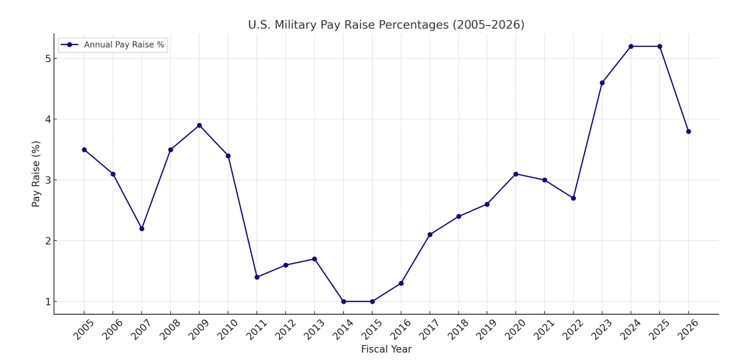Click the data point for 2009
coord(199,126)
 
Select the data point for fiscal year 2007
coord(141,229)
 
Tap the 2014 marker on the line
coord(343,301)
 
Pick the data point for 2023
coord(602,83)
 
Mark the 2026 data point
coord(688,131)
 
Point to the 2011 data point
coord(256,277)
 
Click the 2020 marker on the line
coord(516,174)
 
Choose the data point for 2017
coord(430,235)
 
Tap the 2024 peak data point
coord(631,46)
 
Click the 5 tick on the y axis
coord(48,59)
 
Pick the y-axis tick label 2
coord(48,241)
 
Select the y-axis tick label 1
coord(48,302)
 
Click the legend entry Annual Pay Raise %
coord(124,45)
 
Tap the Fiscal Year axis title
coord(386,349)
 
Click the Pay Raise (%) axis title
coord(36,174)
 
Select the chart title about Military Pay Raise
coord(386,25)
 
